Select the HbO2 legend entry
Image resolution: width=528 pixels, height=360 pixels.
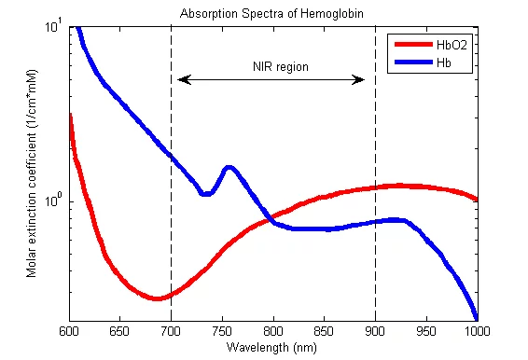click(x=448, y=44)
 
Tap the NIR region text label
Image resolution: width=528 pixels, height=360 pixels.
click(x=280, y=67)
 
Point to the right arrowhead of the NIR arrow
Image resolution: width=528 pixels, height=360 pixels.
click(x=360, y=80)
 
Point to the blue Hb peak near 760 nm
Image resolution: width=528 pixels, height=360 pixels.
click(x=228, y=168)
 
